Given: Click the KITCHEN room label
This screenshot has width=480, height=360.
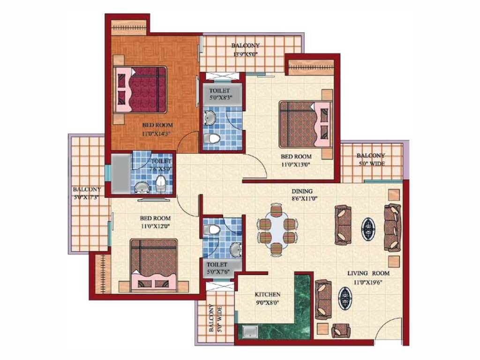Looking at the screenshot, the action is pyautogui.click(x=268, y=294).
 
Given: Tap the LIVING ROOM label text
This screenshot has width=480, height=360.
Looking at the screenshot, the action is pyautogui.click(x=368, y=273).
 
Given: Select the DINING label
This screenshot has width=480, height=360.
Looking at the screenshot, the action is pyautogui.click(x=302, y=191).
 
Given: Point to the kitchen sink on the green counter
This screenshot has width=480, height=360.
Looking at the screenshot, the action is pyautogui.click(x=250, y=331).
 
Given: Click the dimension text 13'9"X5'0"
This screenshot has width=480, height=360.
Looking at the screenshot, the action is pyautogui.click(x=246, y=54).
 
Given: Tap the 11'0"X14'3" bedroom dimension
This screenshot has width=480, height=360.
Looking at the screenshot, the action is pyautogui.click(x=156, y=134).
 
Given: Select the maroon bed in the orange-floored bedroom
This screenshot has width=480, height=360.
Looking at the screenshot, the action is pyautogui.click(x=140, y=90).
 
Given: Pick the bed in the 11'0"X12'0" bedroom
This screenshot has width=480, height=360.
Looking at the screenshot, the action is pyautogui.click(x=153, y=265).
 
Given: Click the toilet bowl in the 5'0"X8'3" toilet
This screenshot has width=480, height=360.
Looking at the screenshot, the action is pyautogui.click(x=211, y=138).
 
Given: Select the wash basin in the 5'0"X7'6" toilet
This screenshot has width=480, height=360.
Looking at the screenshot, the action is pyautogui.click(x=236, y=249).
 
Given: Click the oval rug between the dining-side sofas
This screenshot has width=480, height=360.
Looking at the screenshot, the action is pyautogui.click(x=367, y=226).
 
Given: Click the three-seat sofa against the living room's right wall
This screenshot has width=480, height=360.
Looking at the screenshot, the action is pyautogui.click(x=392, y=228).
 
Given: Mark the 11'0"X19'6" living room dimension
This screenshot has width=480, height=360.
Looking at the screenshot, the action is pyautogui.click(x=368, y=283).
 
